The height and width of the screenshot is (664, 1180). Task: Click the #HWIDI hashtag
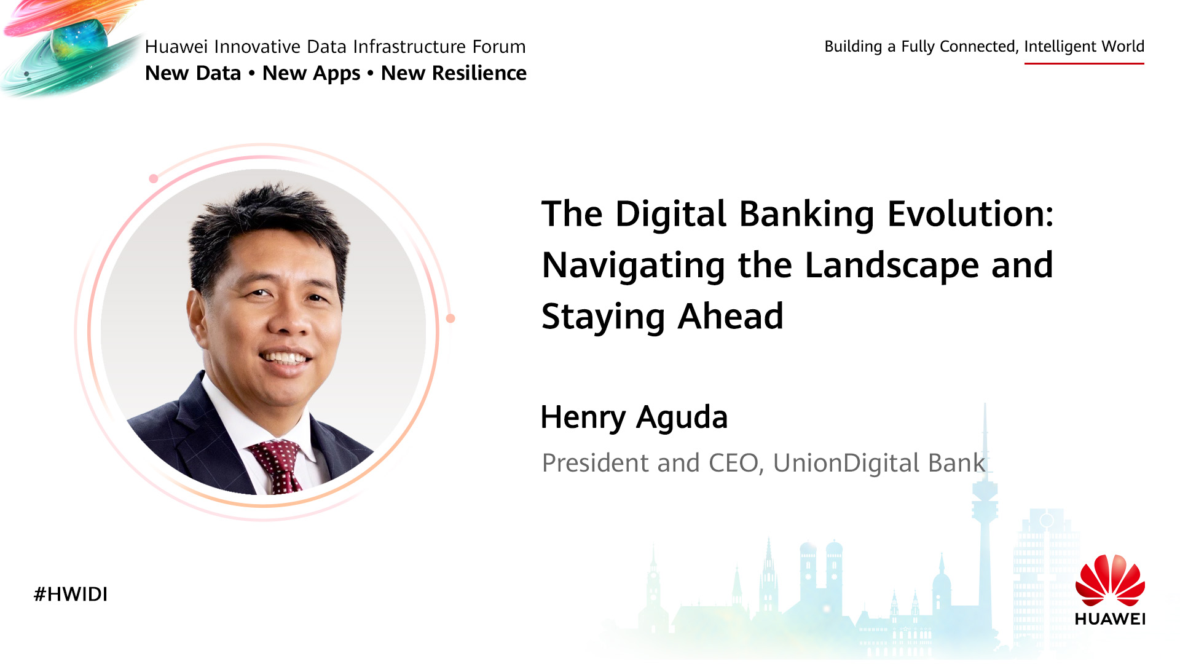point(71,594)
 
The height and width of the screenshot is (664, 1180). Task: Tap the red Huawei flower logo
point(1110,580)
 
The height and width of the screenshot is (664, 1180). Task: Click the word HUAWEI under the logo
point(1110,619)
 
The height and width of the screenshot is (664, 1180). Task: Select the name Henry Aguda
point(634,418)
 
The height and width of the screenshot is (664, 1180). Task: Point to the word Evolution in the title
point(970,214)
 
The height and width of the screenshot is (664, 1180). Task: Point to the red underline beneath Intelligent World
point(1084,63)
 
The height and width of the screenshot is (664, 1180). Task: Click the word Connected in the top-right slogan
point(980,47)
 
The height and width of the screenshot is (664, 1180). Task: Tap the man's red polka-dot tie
point(277,466)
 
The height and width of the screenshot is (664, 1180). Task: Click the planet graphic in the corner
point(72,46)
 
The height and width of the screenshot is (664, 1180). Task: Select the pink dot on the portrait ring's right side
point(450,318)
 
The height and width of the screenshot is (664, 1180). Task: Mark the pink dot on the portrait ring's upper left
point(154,179)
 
